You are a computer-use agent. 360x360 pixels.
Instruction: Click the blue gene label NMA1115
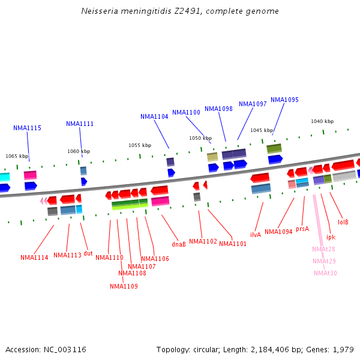[x=27, y=128]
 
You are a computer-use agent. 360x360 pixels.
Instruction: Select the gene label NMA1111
[x=80, y=124]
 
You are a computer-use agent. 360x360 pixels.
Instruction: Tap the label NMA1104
[x=154, y=116]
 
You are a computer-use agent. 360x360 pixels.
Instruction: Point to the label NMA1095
[x=284, y=100]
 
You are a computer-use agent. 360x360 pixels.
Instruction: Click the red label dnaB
[x=179, y=244]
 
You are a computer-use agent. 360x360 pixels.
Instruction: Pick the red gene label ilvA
[x=256, y=235]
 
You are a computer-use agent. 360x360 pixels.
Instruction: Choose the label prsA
[x=302, y=229]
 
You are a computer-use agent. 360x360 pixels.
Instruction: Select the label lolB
[x=343, y=222]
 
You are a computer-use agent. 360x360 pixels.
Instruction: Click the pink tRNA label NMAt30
[x=325, y=273]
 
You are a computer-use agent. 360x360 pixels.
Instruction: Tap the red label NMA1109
[x=124, y=286]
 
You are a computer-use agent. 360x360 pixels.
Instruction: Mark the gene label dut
[x=88, y=253]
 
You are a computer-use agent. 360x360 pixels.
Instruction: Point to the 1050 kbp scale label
[x=200, y=138]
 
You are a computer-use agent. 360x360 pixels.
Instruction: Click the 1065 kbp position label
[x=17, y=156]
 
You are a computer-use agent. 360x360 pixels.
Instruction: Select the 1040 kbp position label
[x=322, y=121]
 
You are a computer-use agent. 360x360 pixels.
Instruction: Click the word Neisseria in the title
[x=100, y=11]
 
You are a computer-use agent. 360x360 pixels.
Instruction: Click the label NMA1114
[x=34, y=257]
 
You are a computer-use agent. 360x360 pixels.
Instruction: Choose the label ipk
[x=331, y=237]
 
